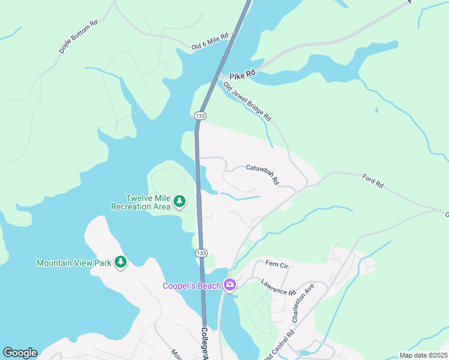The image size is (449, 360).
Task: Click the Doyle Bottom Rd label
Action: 79,38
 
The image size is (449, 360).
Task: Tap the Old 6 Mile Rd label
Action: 210,41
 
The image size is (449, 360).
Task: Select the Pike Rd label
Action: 242,73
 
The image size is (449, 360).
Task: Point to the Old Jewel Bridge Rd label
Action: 247,102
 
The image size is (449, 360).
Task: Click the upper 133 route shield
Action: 200,115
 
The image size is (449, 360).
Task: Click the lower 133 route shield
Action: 202,254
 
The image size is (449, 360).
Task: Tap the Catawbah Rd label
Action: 263,173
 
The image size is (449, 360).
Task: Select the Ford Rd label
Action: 373,181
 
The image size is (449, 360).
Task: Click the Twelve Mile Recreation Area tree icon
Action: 179,202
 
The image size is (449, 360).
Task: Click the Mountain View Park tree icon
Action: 121,262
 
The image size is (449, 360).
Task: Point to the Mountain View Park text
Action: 74,263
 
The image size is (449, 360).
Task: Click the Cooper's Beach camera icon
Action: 229,285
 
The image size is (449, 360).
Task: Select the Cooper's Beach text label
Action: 191,286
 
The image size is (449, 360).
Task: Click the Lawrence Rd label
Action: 279,287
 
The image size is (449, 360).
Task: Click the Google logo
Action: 20,353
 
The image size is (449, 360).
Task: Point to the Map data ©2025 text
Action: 424,355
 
